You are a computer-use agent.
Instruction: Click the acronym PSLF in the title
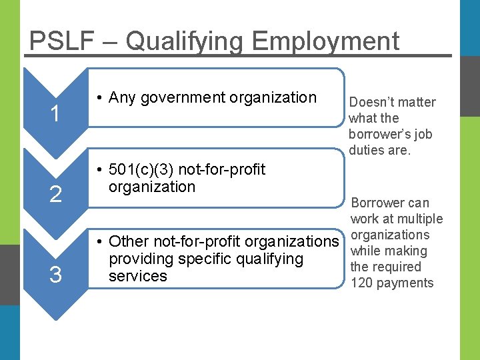61,41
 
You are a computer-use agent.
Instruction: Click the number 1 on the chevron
56,115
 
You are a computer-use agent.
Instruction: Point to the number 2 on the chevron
56,195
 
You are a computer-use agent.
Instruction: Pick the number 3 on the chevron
56,274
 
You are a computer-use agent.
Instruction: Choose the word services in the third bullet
137,275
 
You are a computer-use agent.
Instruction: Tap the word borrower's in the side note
378,134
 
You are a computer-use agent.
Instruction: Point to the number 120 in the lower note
362,283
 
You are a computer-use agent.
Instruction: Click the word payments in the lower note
406,283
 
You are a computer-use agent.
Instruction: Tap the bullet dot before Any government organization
99,98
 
